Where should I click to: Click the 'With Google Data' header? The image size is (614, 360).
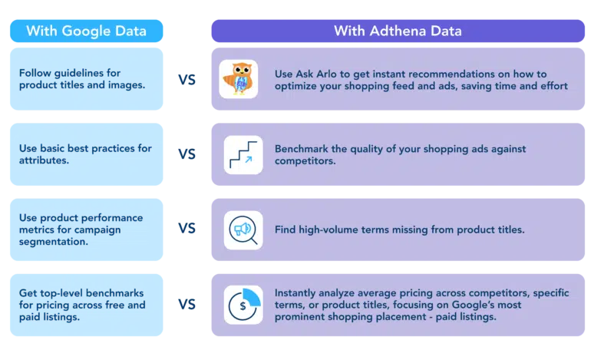point(86,31)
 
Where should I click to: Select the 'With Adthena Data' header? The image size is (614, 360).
point(398,31)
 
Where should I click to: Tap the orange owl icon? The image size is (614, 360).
point(238,79)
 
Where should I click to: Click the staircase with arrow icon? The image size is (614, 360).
point(243,155)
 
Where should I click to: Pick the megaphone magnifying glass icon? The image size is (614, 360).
point(243,230)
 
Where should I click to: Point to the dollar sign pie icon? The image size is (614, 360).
point(244,305)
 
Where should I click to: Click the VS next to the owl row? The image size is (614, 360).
point(187,80)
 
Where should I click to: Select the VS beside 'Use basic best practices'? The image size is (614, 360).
point(187,154)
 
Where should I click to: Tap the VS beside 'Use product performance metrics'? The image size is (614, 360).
point(187,229)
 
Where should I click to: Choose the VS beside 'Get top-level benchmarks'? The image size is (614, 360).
point(187,305)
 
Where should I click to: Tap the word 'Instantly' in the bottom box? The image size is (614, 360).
point(295,293)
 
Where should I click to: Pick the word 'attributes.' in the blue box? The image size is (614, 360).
point(44,160)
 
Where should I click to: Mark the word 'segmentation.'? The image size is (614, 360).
point(53,242)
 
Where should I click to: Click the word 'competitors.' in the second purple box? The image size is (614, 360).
point(305,161)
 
